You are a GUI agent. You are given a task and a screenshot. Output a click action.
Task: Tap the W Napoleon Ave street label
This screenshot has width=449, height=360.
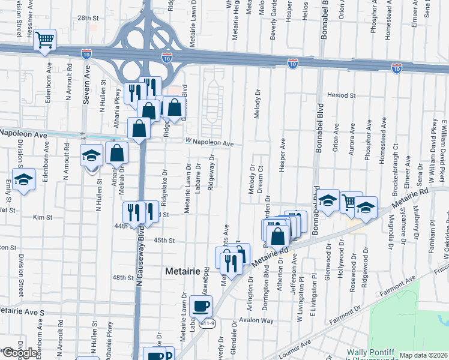pyautogui.click(x=209, y=143)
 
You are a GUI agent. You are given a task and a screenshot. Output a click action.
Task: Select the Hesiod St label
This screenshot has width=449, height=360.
pyautogui.click(x=342, y=95)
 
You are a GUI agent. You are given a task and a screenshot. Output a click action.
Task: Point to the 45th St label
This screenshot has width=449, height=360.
pyautogui.click(x=163, y=241)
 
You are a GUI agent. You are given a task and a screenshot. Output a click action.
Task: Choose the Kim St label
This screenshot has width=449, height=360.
pyautogui.click(x=40, y=217)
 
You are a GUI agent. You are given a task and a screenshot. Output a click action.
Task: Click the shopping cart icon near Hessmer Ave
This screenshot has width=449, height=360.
pyautogui.click(x=44, y=40)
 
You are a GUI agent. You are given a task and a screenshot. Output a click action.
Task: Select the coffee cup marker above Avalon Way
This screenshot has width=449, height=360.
pyautogui.click(x=201, y=307)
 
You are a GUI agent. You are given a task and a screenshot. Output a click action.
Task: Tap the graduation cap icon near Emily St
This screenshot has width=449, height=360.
pyautogui.click(x=23, y=180)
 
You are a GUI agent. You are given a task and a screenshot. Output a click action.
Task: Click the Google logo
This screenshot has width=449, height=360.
pyautogui.click(x=19, y=353)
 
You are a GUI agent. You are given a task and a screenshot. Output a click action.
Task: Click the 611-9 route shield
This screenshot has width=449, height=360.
pyautogui.click(x=208, y=323)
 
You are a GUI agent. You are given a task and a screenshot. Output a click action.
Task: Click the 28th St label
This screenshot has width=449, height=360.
pyautogui.click(x=87, y=19)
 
